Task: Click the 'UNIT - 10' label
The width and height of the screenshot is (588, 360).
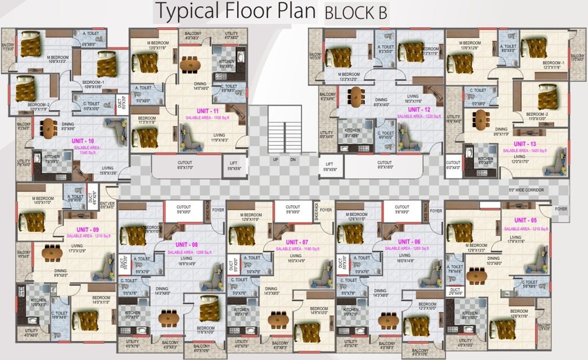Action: pos(83,141)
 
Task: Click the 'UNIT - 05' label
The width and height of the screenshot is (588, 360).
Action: pos(526,220)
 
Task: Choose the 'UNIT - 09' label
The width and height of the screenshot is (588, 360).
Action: pos(88,229)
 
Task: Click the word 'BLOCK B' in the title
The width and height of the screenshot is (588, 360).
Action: pos(356,14)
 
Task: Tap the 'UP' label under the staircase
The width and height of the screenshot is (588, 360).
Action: pos(276,160)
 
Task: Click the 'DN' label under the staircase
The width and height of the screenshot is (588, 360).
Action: pos(293,160)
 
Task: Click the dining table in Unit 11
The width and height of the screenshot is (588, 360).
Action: pos(190,64)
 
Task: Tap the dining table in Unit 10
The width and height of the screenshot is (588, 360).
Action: pos(48,127)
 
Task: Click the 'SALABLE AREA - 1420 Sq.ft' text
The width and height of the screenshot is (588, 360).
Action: pos(526,150)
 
